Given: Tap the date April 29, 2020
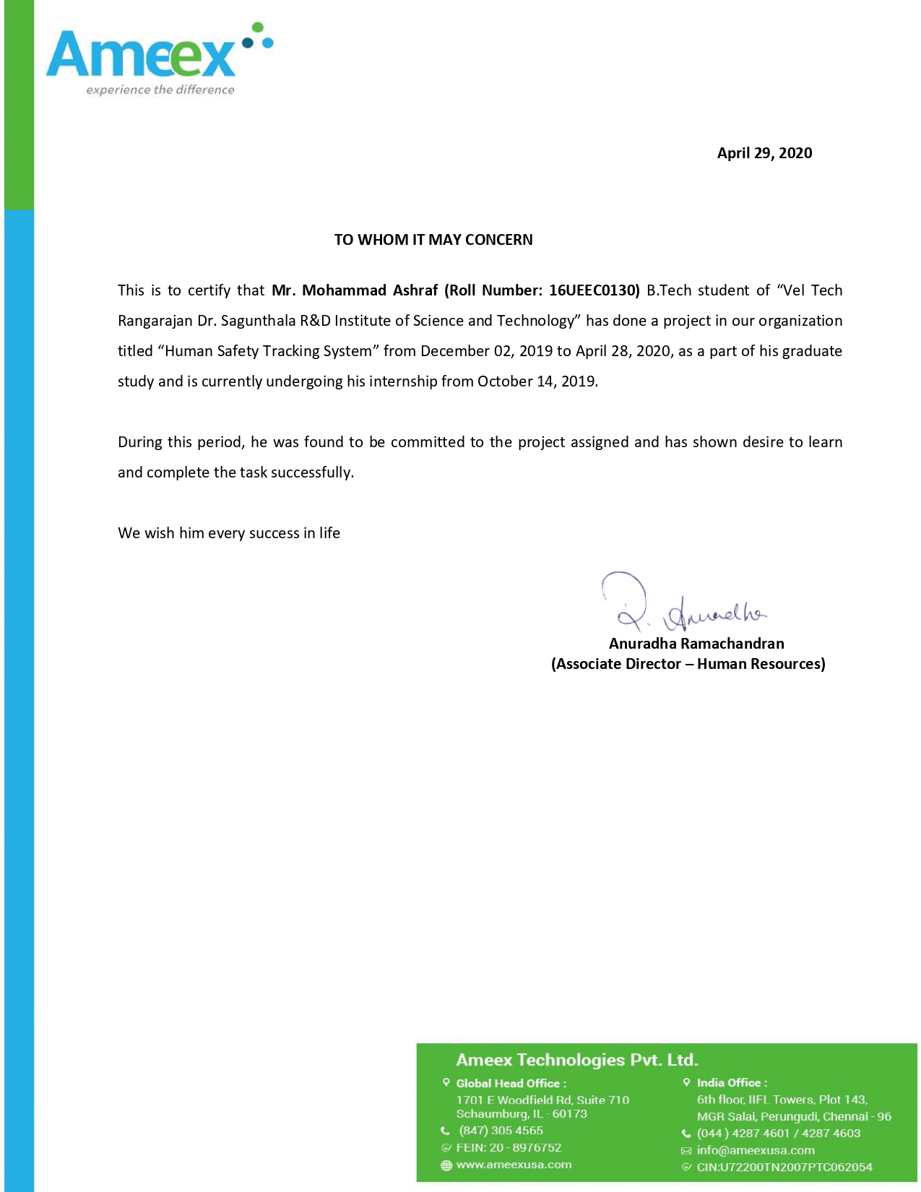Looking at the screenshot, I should click(764, 153).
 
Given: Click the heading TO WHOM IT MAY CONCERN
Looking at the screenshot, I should click(433, 240).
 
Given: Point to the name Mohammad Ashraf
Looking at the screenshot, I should click(370, 290).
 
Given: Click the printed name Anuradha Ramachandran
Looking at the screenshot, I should click(696, 643).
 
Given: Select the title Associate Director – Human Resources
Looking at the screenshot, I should click(688, 664).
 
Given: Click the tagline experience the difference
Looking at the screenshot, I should click(160, 90).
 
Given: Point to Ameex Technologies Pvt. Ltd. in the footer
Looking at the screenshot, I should click(577, 1060).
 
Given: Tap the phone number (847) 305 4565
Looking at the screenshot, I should click(501, 1131).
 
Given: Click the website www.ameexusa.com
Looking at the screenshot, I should click(514, 1165).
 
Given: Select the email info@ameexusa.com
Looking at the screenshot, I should click(756, 1150).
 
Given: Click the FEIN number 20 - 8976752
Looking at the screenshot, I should click(525, 1147).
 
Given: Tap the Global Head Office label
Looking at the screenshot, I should click(511, 1083).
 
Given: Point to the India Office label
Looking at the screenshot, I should click(731, 1083).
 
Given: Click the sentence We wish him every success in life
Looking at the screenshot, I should click(229, 533).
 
